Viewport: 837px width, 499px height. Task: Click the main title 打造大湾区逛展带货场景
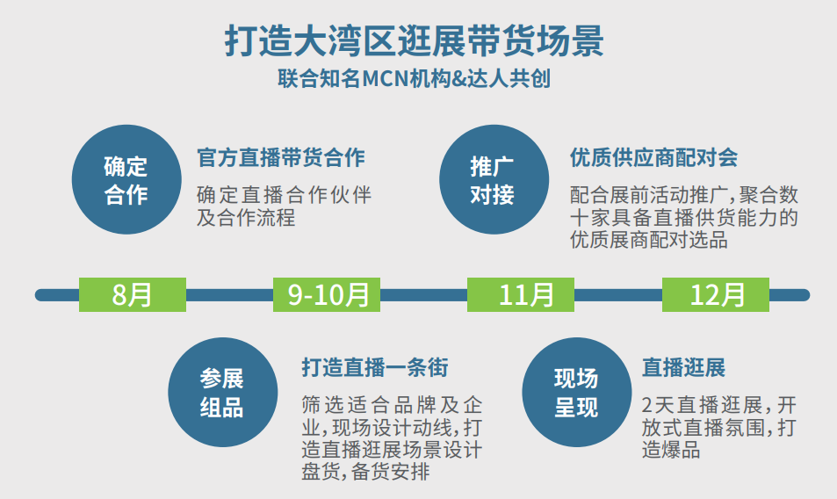[x=415, y=40]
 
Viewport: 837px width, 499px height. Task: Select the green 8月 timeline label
[x=133, y=294]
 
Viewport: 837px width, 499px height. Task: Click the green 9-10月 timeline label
[x=327, y=294]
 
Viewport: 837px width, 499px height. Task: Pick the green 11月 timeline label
[x=521, y=294]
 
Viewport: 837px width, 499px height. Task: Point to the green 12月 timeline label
[x=716, y=294]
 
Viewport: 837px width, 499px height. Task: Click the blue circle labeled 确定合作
[x=126, y=179]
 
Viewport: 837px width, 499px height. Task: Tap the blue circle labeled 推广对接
[x=494, y=179]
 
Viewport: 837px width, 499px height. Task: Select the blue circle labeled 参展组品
[x=222, y=393]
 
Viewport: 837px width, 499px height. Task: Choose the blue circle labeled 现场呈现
[x=577, y=393]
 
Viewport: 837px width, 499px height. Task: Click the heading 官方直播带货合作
[x=281, y=157]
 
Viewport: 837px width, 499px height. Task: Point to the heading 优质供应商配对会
[x=654, y=157]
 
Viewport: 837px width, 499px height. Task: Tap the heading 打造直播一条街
[x=375, y=368]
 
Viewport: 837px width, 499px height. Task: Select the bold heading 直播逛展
[x=683, y=368]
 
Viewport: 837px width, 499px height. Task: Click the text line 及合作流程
[x=246, y=218]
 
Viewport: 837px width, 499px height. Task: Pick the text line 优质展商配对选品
[x=648, y=240]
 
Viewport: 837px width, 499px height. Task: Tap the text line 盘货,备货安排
[x=365, y=472]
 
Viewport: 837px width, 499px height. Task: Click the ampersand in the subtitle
[x=458, y=79]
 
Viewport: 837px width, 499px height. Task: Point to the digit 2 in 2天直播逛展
[x=647, y=406]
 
